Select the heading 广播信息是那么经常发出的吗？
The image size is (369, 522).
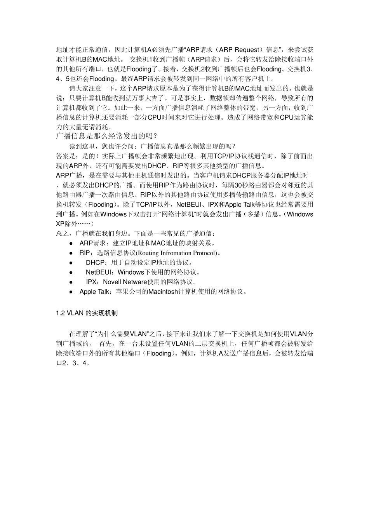[x=107, y=136]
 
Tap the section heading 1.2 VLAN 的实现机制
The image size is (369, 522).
[x=87, y=313]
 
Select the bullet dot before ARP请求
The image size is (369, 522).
[x=71, y=244]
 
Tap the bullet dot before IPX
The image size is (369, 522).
[x=71, y=282]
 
